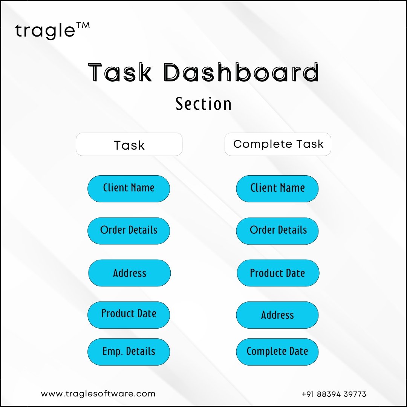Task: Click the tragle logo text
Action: pyautogui.click(x=45, y=31)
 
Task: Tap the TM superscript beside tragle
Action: pyautogui.click(x=83, y=26)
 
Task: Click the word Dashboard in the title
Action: pyautogui.click(x=241, y=72)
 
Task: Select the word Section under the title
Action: pyautogui.click(x=203, y=104)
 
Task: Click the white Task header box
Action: pyautogui.click(x=129, y=144)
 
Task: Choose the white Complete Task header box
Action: pyautogui.click(x=278, y=144)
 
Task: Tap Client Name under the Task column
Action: pyautogui.click(x=129, y=189)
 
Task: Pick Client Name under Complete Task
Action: pyautogui.click(x=277, y=189)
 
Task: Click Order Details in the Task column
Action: pyautogui.click(x=129, y=231)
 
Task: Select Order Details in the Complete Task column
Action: pyautogui.click(x=277, y=231)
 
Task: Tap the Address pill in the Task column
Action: pyautogui.click(x=130, y=273)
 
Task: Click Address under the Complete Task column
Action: pyautogui.click(x=277, y=315)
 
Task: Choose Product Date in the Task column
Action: pyautogui.click(x=129, y=315)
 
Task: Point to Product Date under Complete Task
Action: pyautogui.click(x=278, y=273)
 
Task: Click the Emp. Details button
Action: pyautogui.click(x=129, y=352)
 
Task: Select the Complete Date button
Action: pyautogui.click(x=277, y=352)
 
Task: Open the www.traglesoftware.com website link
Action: pyautogui.click(x=98, y=394)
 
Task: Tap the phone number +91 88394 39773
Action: pyautogui.click(x=334, y=394)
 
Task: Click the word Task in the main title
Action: pyautogui.click(x=120, y=72)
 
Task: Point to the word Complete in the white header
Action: pyautogui.click(x=263, y=144)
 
